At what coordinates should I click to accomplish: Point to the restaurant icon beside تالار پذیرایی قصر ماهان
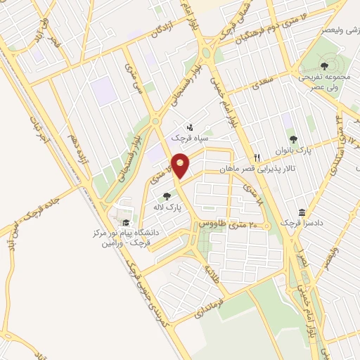click(258, 157)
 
